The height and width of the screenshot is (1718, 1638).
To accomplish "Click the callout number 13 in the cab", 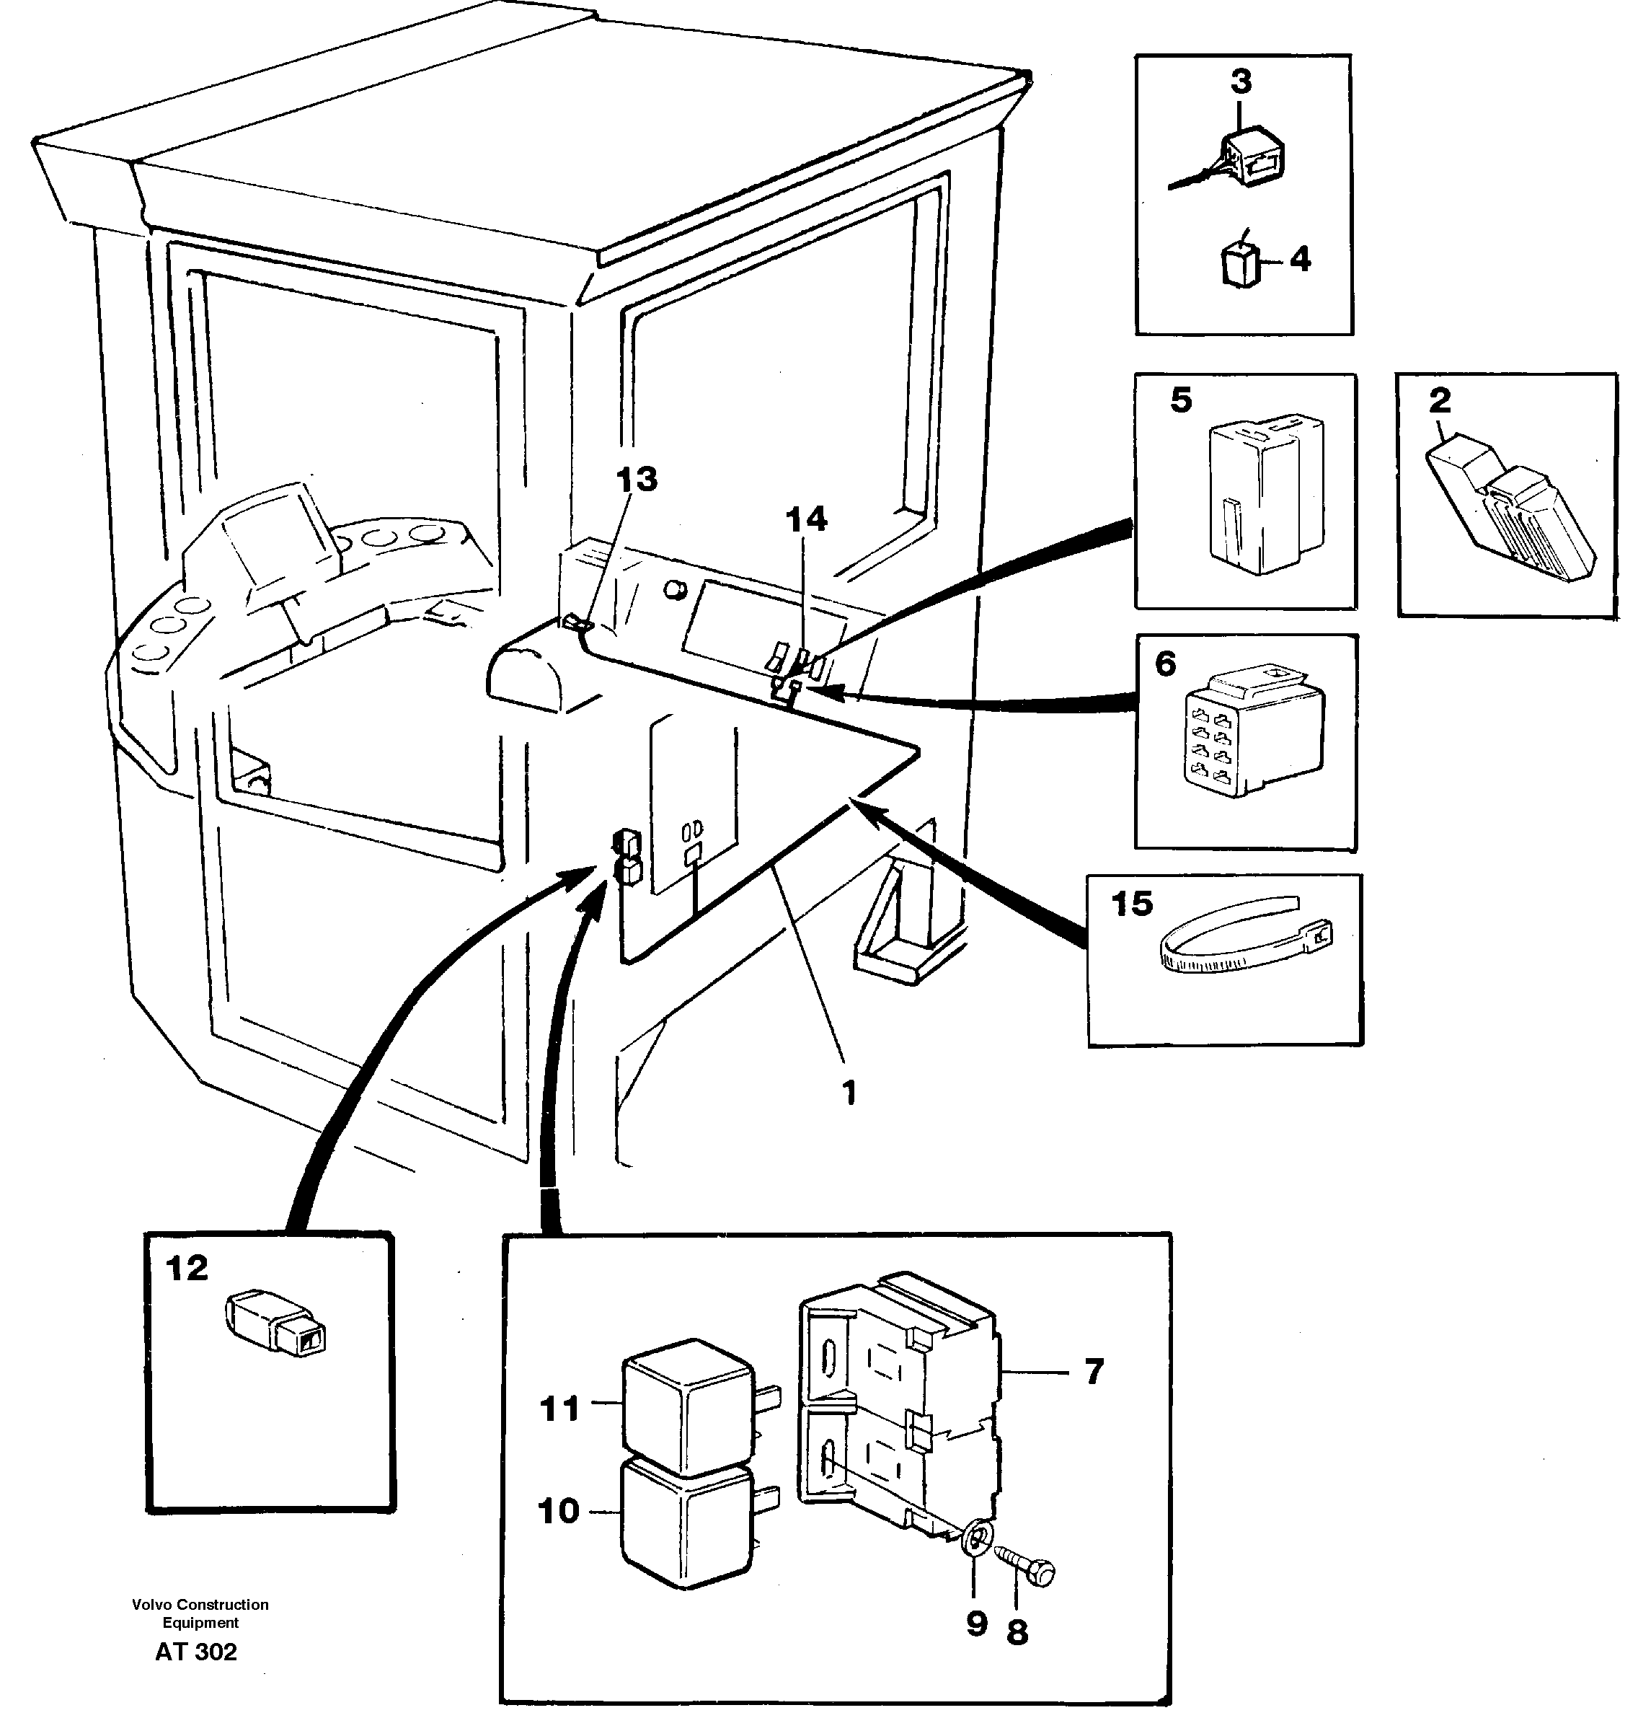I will tap(637, 480).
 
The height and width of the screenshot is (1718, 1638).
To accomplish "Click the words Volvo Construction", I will tap(200, 1605).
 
